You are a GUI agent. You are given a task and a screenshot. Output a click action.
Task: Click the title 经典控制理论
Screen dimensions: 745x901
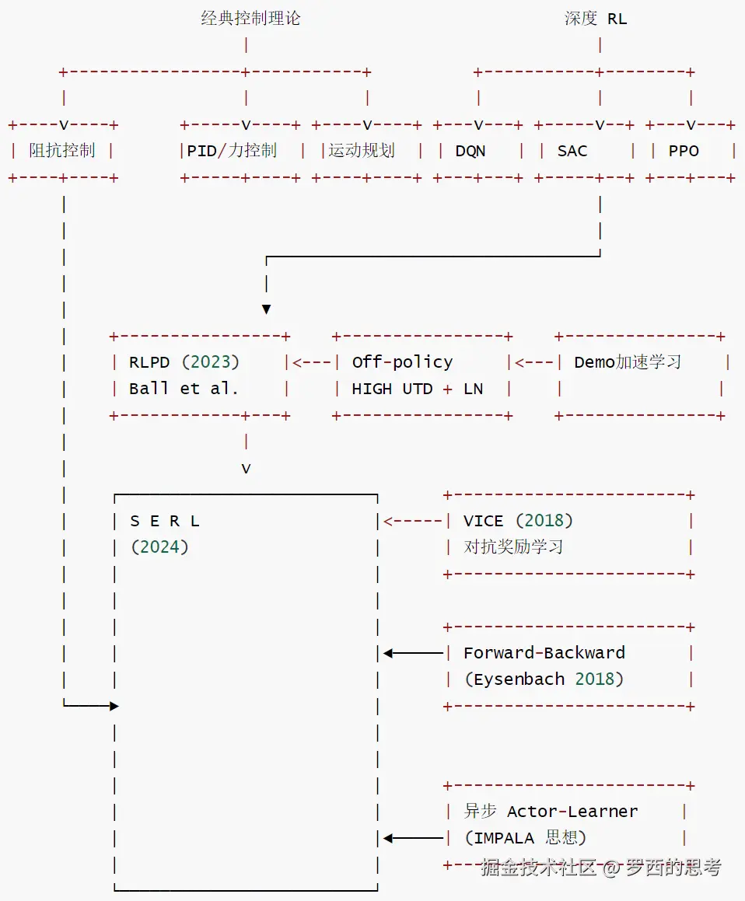tap(250, 19)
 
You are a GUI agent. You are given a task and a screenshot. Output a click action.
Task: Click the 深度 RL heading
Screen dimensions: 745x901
tap(596, 19)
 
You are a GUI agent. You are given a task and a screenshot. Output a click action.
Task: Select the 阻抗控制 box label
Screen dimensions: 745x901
tap(62, 151)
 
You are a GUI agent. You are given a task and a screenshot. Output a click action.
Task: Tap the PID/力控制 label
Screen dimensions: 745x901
tap(232, 151)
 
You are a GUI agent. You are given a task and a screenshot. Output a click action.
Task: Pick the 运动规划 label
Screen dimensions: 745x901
tap(362, 151)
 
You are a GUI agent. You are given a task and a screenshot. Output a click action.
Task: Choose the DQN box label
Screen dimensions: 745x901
tap(470, 151)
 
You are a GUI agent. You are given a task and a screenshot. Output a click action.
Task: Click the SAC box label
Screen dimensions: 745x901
tap(572, 151)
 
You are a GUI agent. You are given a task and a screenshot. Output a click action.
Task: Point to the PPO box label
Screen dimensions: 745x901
tap(684, 151)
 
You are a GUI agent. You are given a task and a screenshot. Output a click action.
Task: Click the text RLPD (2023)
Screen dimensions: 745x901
tap(184, 362)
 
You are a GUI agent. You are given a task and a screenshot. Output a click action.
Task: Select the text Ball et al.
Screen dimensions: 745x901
tap(184, 389)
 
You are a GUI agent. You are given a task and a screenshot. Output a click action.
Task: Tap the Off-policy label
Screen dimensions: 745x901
tap(402, 362)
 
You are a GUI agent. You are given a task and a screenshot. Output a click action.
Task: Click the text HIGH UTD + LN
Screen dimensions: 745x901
tap(418, 389)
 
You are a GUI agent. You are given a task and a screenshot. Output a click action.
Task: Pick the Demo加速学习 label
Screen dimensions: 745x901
tap(628, 362)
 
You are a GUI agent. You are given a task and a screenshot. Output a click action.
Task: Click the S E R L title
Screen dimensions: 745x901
tap(165, 521)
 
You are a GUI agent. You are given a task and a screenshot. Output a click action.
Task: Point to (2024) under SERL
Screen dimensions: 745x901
tap(159, 547)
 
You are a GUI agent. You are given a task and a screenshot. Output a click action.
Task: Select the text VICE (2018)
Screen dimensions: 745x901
tap(518, 521)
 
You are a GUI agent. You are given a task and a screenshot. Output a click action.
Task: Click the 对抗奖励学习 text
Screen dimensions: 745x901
tap(513, 547)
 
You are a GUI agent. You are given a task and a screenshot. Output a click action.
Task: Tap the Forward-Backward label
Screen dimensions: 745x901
tap(544, 653)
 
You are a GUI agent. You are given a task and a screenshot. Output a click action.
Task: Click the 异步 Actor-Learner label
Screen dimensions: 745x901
tap(551, 812)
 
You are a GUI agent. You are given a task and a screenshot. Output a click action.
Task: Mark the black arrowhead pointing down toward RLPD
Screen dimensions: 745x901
tap(266, 309)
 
